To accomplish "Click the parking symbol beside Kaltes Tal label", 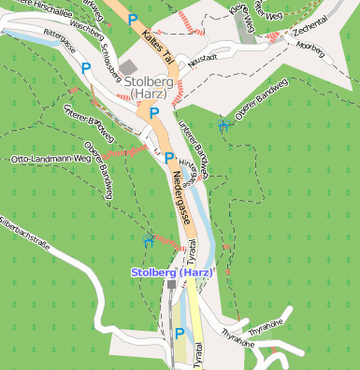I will pos(134,20).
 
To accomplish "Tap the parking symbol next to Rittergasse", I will pos(86,68).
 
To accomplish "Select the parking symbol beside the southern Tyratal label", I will pos(178,334).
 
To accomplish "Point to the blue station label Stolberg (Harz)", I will pos(172,272).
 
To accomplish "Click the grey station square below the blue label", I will pos(170,284).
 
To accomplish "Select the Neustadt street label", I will pos(202,58).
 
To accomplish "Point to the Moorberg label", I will pos(310,46).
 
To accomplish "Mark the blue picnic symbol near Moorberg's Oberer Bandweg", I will pos(223,123).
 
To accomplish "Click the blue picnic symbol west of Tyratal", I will pos(148,241).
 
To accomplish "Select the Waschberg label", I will pos(86,27).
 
